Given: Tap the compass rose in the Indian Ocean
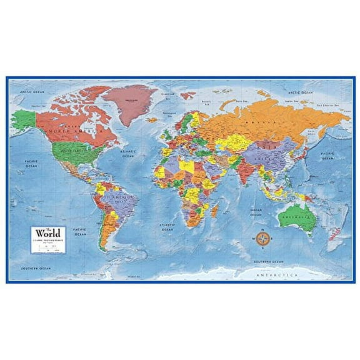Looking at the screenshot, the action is pos(261,238).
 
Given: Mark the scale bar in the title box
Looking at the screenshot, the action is pos(50,243).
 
